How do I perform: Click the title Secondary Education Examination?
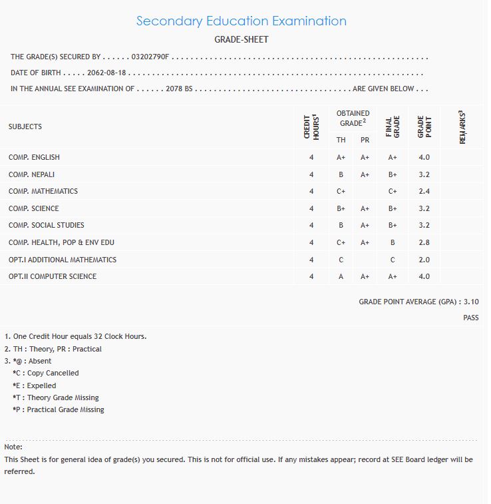pos(241,21)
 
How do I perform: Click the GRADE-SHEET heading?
pos(241,40)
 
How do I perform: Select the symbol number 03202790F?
pos(151,57)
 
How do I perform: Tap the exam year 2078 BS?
pos(180,89)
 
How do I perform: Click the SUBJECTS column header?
pos(25,126)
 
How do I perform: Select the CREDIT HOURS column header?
pos(311,126)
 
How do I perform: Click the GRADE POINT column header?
pos(424,126)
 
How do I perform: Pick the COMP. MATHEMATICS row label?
pos(43,191)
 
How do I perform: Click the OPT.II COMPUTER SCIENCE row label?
pos(53,276)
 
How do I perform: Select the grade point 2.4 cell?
pos(424,191)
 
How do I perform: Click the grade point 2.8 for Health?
pos(424,242)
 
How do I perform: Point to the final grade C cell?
pos(393,260)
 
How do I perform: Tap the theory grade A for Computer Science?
pos(341,276)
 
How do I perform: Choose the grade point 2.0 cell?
pos(424,260)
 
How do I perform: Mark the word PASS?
pos(470,318)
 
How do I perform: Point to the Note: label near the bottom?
pos(13,447)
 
